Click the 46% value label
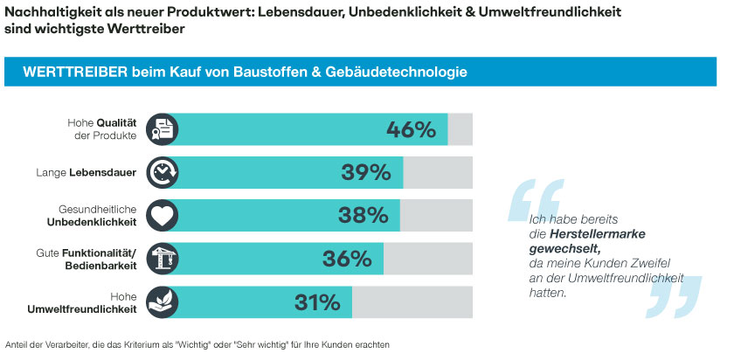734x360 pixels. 411,130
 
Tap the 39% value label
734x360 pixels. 365,172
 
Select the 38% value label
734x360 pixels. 363,215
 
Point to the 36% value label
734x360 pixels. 348,259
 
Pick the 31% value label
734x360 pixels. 316,302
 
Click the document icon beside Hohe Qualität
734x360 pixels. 163,130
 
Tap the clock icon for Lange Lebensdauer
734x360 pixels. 163,172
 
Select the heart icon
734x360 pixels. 163,215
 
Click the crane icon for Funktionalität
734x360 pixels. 163,259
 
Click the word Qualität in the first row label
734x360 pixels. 114,123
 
